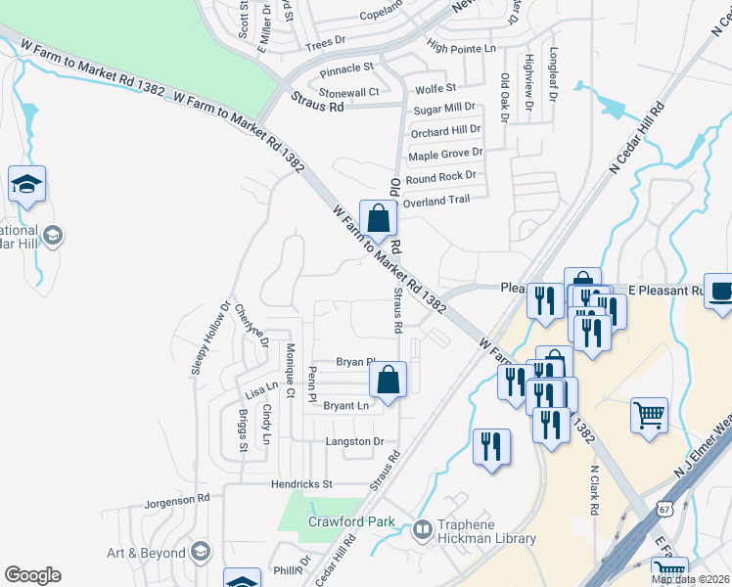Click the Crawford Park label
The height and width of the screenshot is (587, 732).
click(x=351, y=521)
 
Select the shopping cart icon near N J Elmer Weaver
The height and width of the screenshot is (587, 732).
click(x=649, y=416)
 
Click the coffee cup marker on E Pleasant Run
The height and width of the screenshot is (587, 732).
click(x=719, y=293)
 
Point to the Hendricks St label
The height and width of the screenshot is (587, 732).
click(x=302, y=483)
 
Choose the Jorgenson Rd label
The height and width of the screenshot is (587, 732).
click(x=177, y=498)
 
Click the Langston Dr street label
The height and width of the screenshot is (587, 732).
click(x=354, y=441)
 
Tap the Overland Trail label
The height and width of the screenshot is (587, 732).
click(x=436, y=200)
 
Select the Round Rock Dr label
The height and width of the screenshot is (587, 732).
click(x=440, y=176)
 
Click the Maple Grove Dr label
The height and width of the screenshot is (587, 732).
click(x=445, y=154)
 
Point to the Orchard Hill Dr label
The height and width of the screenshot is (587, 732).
click(x=445, y=129)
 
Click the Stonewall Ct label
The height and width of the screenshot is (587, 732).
click(x=349, y=91)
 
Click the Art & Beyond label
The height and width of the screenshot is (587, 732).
click(x=146, y=553)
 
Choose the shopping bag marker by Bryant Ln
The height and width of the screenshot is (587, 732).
click(x=389, y=381)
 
